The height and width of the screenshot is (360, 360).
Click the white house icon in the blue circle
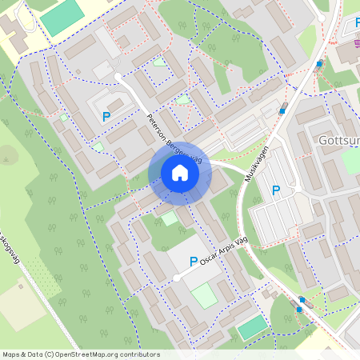coord(179,173)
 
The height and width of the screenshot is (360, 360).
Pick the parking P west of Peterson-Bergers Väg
coord(106,117)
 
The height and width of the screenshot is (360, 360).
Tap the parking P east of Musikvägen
coord(276,190)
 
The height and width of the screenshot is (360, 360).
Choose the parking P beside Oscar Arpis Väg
coord(193,261)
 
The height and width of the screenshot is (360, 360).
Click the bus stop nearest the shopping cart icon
coord(319,64)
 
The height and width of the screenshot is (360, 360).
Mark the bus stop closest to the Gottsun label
coord(282,111)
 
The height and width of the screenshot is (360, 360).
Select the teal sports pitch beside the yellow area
coord(62,17)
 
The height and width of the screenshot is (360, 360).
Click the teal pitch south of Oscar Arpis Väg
coord(252,327)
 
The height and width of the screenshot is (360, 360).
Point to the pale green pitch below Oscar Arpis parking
coord(204,295)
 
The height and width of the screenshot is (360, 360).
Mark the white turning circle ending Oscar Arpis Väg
coord(176,278)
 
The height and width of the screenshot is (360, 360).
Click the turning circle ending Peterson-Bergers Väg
coord(118,77)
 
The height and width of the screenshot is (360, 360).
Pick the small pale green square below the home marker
coord(169,217)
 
